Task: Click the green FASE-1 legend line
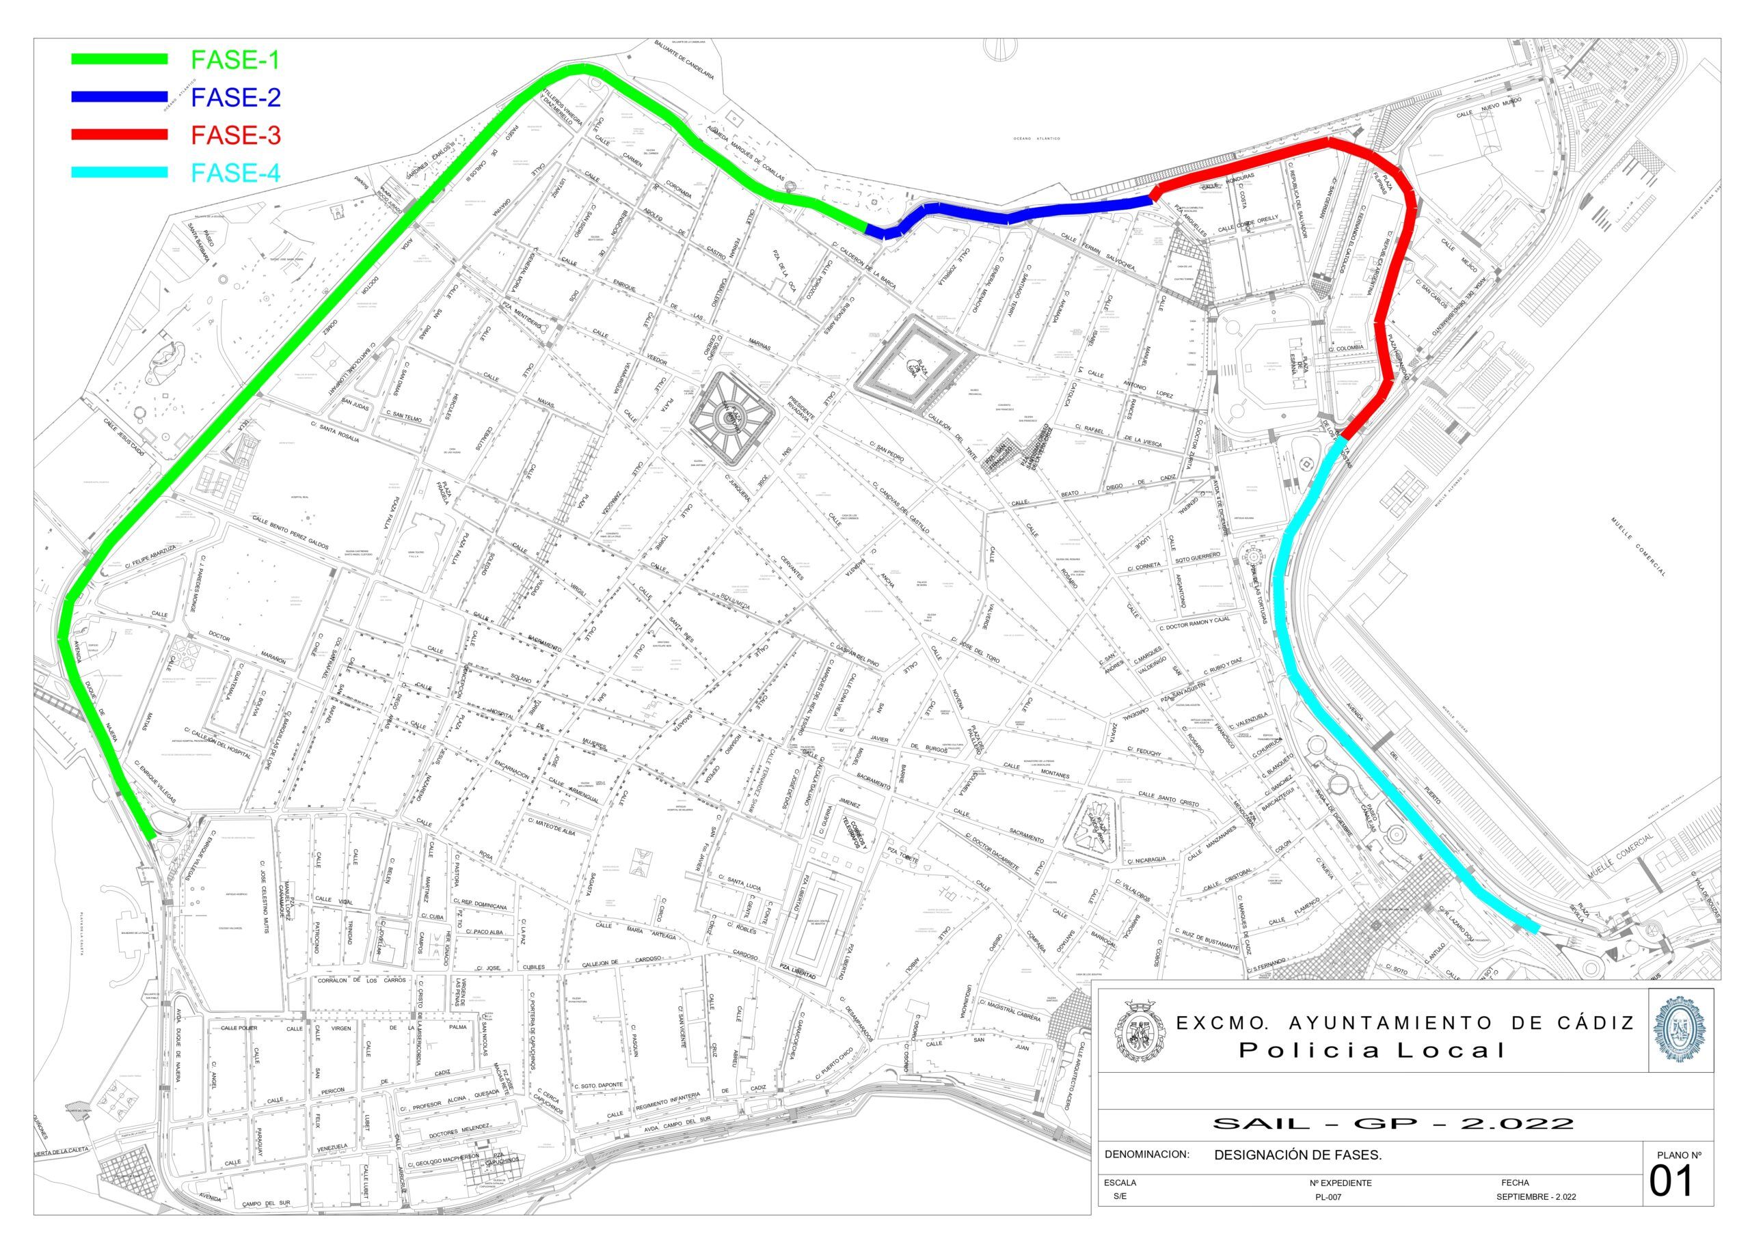[x=119, y=59]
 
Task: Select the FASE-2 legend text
[x=236, y=97]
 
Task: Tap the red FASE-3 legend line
[x=119, y=135]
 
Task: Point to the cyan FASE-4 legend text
[x=236, y=173]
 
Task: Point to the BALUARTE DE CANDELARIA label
[x=684, y=59]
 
